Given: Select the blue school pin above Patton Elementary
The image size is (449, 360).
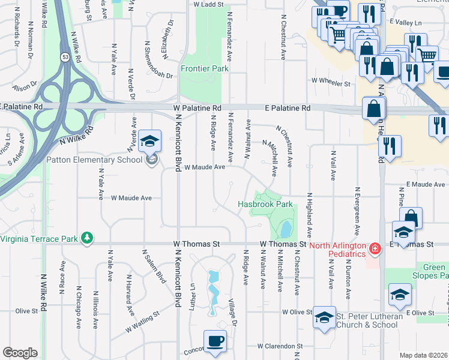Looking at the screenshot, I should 149,142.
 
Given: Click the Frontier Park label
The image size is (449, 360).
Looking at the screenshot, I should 205,69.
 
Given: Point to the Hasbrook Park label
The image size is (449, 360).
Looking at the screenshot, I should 265,205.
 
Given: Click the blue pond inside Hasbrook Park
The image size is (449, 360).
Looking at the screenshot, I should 286,229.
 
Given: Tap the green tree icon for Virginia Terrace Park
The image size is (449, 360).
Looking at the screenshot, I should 88,238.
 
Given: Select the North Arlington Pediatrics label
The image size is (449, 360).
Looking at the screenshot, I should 337,250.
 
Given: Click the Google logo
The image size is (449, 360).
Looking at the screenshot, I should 20,353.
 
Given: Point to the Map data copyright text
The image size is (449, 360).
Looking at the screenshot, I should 423,355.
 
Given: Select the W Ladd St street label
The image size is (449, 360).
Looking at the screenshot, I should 208,4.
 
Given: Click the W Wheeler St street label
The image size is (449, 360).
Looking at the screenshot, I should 330,81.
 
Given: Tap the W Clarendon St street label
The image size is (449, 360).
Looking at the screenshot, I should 280,346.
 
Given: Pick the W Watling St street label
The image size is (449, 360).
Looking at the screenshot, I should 143,321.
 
